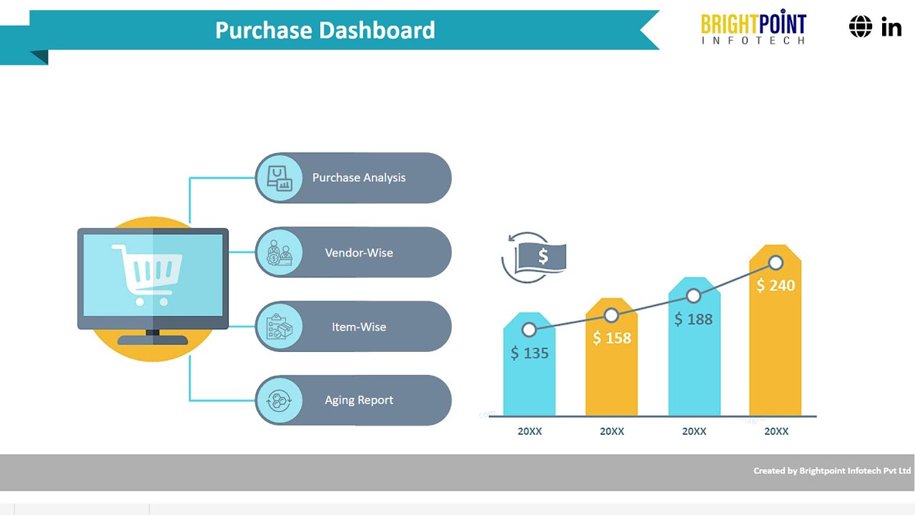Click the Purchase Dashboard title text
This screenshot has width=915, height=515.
pyautogui.click(x=325, y=30)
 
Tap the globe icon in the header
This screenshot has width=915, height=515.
pyautogui.click(x=861, y=27)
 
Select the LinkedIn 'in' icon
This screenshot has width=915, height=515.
pyautogui.click(x=891, y=28)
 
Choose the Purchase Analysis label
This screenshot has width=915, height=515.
pyautogui.click(x=359, y=177)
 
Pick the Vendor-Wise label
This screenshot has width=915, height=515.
pyautogui.click(x=359, y=252)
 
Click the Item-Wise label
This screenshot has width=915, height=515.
pyautogui.click(x=359, y=327)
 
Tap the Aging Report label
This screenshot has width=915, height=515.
pyautogui.click(x=359, y=400)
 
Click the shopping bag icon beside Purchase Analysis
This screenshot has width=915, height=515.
pyautogui.click(x=280, y=177)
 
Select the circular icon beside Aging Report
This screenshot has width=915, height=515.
pyautogui.click(x=280, y=400)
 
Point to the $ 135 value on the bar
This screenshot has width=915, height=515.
pyautogui.click(x=530, y=353)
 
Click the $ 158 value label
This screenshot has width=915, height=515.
pyautogui.click(x=612, y=338)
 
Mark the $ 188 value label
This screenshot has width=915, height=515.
pyautogui.click(x=693, y=319)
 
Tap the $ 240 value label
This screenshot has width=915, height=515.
pyautogui.click(x=776, y=285)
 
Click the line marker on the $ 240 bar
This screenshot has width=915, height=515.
pyautogui.click(x=776, y=263)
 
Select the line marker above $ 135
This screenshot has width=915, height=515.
pyautogui.click(x=529, y=330)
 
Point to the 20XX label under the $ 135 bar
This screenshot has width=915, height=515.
pyautogui.click(x=530, y=431)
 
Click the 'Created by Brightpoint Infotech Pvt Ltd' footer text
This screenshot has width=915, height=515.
pyautogui.click(x=832, y=471)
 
